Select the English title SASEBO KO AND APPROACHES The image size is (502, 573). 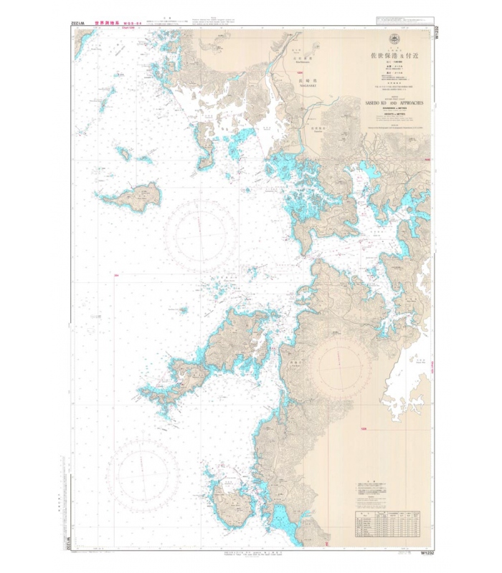coord(394,103)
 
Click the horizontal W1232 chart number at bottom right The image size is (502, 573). coord(428,552)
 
